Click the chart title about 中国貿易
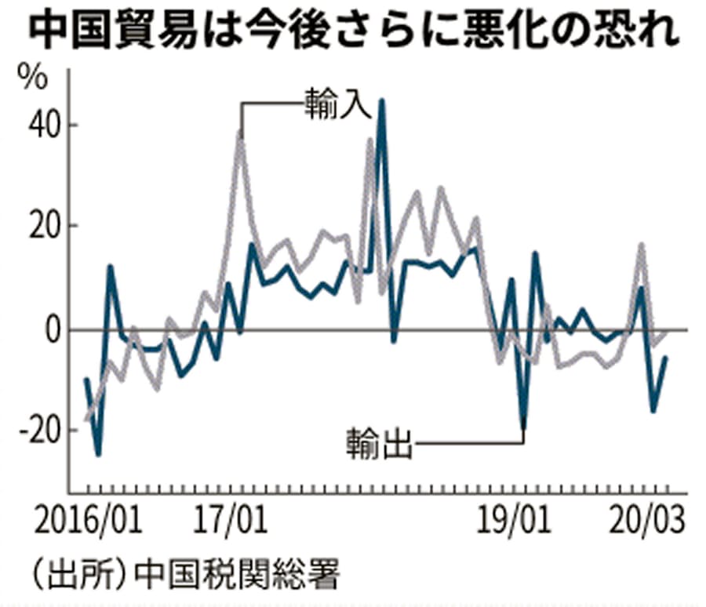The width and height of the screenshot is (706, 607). [353, 34]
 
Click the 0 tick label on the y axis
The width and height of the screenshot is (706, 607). [51, 330]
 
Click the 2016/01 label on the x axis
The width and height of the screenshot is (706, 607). [87, 519]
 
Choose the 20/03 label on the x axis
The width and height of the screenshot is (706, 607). [649, 519]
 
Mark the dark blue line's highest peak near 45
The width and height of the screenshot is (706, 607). [381, 101]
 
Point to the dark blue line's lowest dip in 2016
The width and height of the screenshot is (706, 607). [98, 453]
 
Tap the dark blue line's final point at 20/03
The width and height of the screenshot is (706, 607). [666, 358]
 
